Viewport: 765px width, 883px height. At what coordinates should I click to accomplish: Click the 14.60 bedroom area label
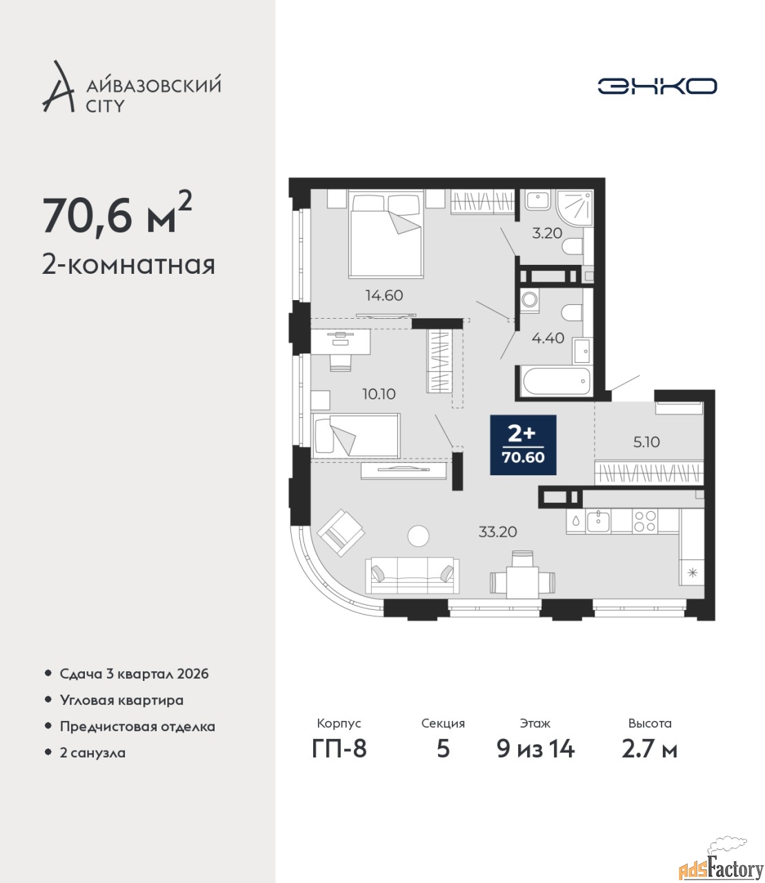pos(384,295)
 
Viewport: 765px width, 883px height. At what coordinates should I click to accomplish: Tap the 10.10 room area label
pos(379,394)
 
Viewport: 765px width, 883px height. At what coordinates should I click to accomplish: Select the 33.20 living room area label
pos(497,532)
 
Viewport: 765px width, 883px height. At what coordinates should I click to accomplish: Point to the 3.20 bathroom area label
pos(547,233)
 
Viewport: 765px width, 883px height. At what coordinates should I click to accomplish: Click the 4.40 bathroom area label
pos(548,338)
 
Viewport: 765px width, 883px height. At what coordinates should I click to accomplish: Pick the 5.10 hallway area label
pos(646,441)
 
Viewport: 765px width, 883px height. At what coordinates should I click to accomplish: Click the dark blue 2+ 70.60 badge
pos(523,445)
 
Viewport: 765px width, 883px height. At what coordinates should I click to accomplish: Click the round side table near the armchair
pos(418,536)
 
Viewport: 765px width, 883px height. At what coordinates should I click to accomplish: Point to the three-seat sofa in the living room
pos(413,575)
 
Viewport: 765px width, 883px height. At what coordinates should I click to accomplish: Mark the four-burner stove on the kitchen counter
pos(644,521)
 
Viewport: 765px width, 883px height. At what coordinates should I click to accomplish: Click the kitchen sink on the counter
pos(599,521)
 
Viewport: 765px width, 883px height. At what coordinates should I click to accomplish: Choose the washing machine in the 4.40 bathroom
pos(530,299)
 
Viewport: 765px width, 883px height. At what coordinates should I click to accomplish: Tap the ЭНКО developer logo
pos(657,86)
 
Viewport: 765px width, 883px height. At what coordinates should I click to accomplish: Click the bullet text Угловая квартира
pos(121,701)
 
